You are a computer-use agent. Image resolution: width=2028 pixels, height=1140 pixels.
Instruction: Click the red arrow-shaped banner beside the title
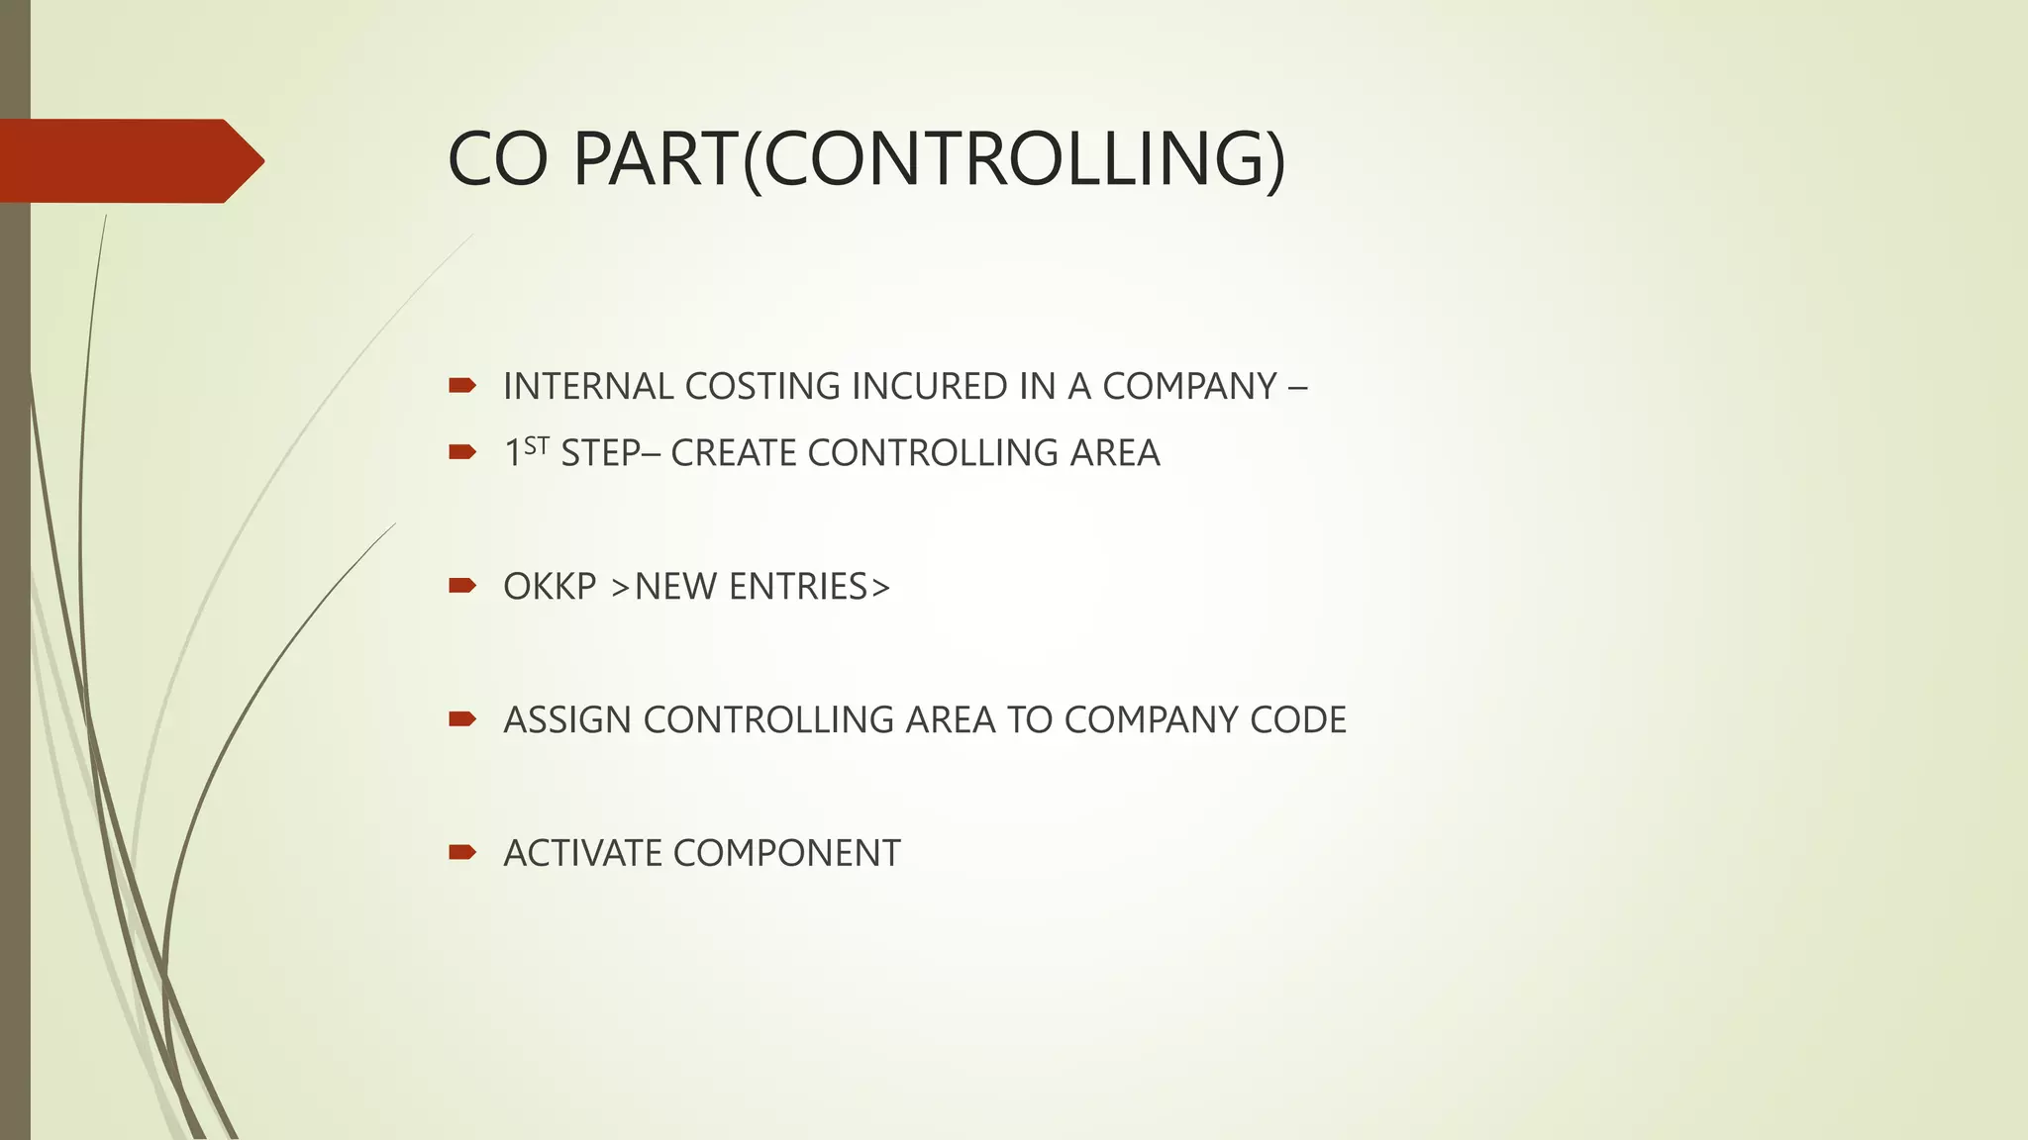click(x=129, y=160)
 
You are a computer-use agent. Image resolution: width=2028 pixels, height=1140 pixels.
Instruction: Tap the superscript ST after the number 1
click(x=536, y=445)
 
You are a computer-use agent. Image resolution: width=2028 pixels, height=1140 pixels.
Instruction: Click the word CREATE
click(x=734, y=453)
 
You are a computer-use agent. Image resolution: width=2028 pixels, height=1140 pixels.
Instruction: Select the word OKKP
click(x=550, y=587)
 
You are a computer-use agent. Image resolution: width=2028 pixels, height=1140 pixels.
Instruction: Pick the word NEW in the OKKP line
click(x=676, y=587)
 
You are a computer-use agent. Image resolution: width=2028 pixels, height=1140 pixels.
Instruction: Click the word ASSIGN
click(x=567, y=719)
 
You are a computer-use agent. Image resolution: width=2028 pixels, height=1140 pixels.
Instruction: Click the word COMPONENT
click(x=786, y=853)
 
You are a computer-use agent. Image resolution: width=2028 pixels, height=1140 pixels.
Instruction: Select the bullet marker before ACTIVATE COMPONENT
click(x=462, y=852)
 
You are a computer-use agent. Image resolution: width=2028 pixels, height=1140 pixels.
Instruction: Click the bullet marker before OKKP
click(x=462, y=586)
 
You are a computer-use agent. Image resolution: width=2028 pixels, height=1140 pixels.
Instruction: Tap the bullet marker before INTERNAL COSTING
click(x=462, y=385)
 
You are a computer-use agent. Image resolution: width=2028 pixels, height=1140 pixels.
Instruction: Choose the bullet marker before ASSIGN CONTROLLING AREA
click(x=462, y=718)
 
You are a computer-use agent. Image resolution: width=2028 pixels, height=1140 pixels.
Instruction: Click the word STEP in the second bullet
click(x=600, y=453)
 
